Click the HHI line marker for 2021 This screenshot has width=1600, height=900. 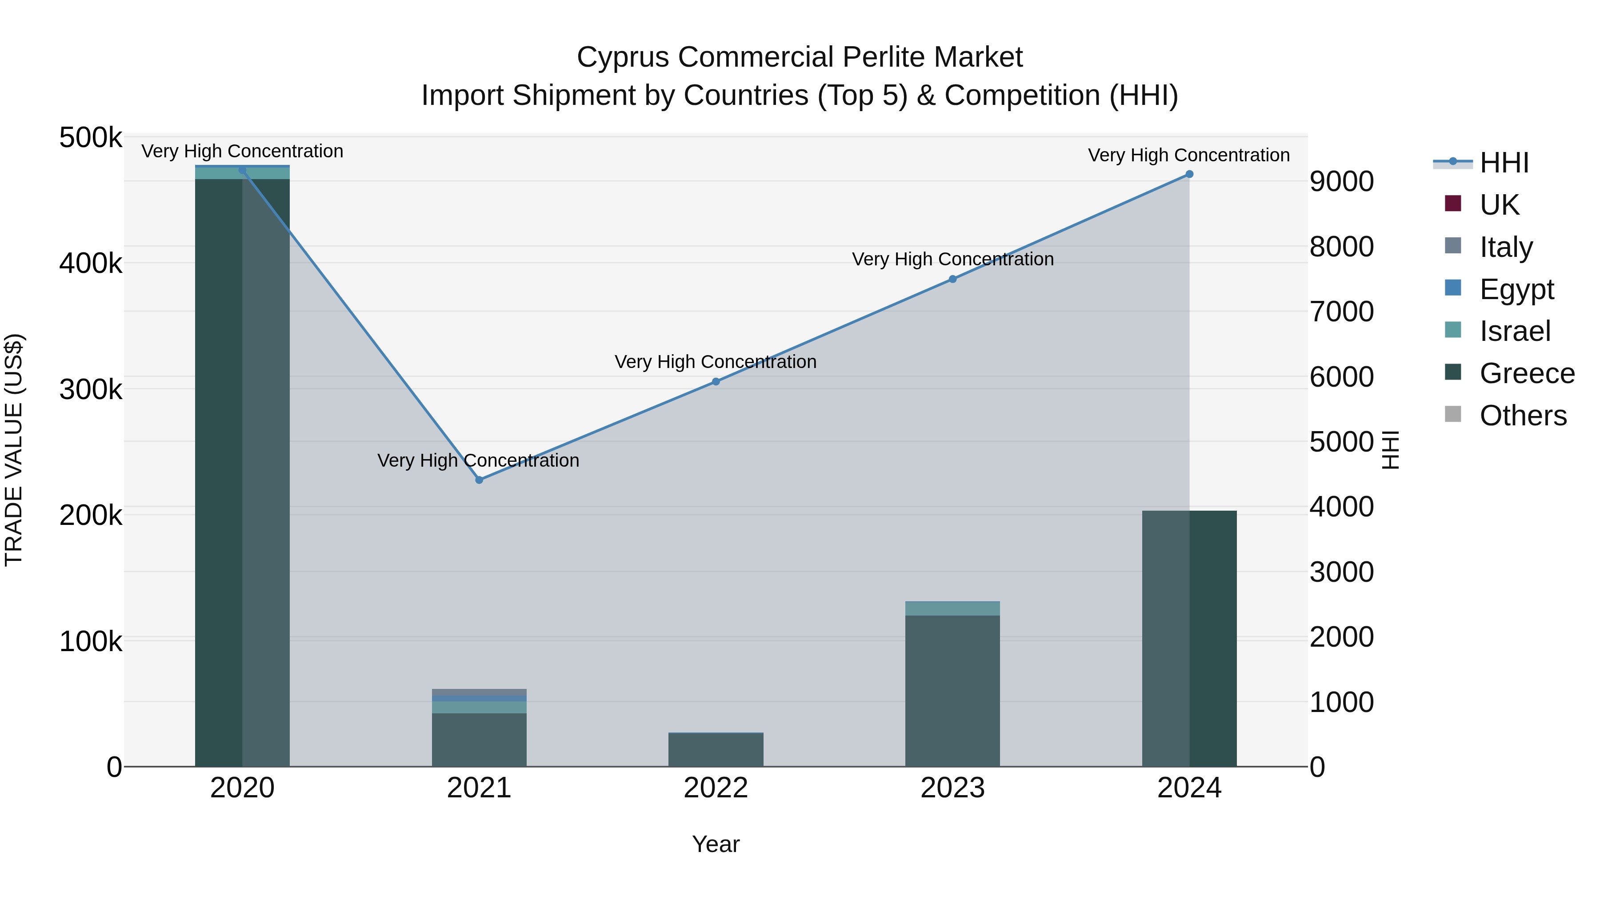pyautogui.click(x=479, y=480)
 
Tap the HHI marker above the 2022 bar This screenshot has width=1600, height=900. pyautogui.click(x=716, y=381)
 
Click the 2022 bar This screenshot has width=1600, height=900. pyautogui.click(x=716, y=750)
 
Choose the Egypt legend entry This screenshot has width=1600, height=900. pyautogui.click(x=1516, y=289)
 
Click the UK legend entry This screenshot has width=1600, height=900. pyautogui.click(x=1499, y=204)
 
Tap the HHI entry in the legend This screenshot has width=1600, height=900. pyautogui.click(x=1504, y=163)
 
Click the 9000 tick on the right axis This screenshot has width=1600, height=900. pyautogui.click(x=1342, y=181)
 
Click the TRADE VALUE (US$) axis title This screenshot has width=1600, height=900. pyautogui.click(x=14, y=450)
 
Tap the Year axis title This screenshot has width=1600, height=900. pyautogui.click(x=716, y=844)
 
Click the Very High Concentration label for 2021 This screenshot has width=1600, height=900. pyautogui.click(x=478, y=460)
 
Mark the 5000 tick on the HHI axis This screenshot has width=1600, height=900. pyautogui.click(x=1342, y=442)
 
